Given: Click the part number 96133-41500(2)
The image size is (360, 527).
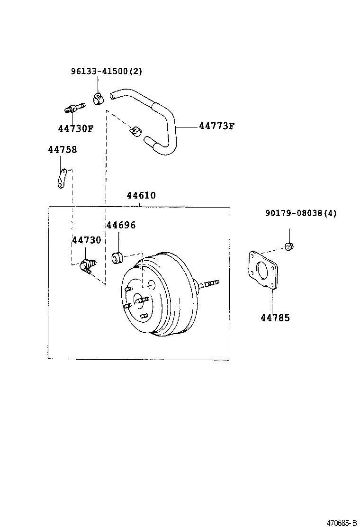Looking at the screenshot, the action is point(106,71).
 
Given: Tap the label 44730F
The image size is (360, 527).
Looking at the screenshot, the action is point(76,128).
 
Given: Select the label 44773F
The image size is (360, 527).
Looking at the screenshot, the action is point(216,126).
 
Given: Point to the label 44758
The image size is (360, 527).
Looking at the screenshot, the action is point(63,150).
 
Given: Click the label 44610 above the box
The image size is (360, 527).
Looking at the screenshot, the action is point(141,195).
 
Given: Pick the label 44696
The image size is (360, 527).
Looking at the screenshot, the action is point(121,225).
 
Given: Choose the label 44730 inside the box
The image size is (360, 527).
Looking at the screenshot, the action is point(87,240).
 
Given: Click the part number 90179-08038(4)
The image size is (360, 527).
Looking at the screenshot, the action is point(301,213).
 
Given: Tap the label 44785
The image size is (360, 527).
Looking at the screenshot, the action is point(275,318).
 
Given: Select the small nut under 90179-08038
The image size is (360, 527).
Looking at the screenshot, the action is point(289,246).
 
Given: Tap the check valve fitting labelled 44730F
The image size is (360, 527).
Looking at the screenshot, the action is point(74,108).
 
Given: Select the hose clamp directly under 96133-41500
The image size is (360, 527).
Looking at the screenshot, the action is point(98,99).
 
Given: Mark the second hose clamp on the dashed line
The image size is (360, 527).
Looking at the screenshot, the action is point(135,131).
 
